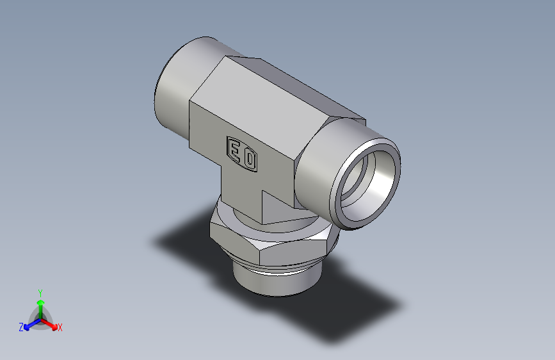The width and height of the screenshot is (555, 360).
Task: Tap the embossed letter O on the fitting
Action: [249, 159]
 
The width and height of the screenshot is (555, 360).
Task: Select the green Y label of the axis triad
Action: [40, 291]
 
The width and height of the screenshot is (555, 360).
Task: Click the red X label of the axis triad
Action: [60, 327]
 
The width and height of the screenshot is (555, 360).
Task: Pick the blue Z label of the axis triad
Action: [20, 327]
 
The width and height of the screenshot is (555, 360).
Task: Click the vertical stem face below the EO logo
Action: [243, 192]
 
